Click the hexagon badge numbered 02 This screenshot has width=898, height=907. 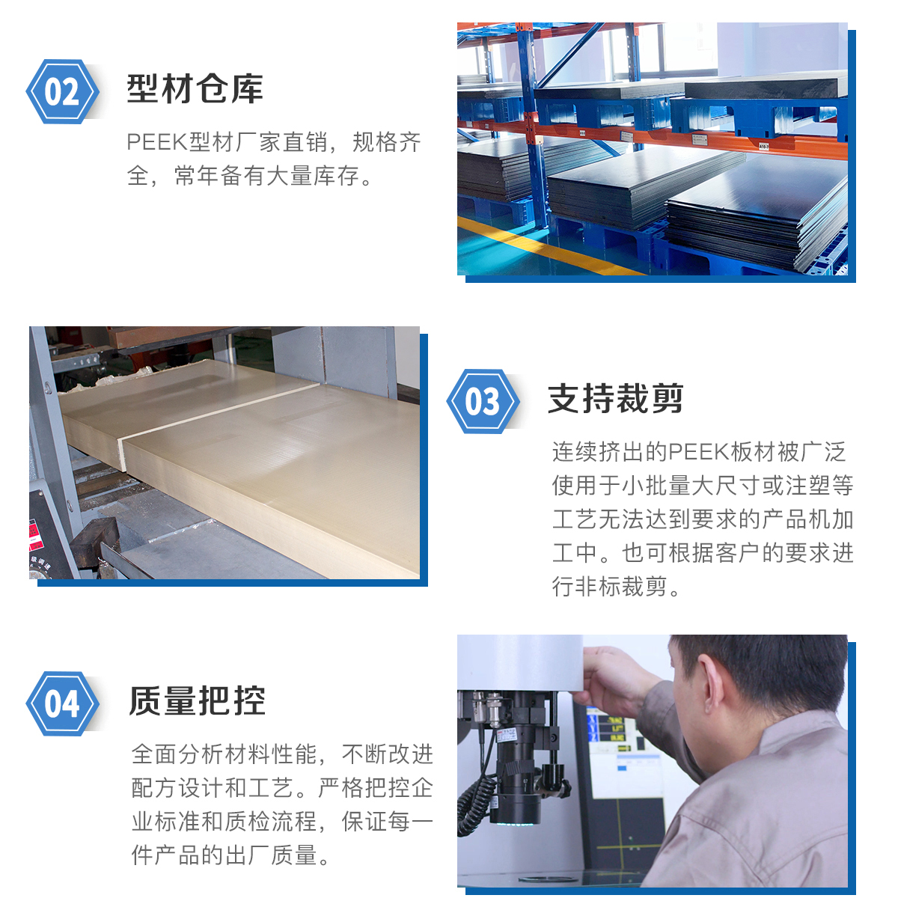coord(62,91)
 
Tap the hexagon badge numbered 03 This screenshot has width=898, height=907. coord(483,401)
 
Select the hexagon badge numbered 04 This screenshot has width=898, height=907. coord(62,703)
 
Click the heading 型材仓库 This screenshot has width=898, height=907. coord(195,88)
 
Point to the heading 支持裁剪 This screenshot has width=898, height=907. coord(615,398)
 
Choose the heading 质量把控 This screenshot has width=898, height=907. coord(197,700)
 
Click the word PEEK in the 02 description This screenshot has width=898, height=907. coord(157,142)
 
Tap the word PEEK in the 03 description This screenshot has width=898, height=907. coord(699,451)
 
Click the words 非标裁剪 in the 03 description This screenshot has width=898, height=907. coord(620,587)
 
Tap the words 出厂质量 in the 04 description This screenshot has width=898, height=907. coord(270,855)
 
